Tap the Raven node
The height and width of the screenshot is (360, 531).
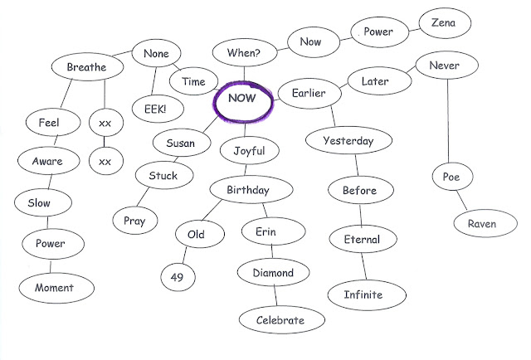[482, 224]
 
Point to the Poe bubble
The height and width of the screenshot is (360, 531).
[451, 177]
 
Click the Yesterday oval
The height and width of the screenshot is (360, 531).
[348, 141]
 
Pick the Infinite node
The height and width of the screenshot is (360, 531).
[364, 294]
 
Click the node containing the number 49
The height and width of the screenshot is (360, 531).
[177, 278]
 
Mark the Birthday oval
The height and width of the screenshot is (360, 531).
[248, 191]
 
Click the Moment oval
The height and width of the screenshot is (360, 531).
[54, 288]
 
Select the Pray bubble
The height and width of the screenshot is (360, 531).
[134, 220]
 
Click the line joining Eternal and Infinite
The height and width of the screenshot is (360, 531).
[363, 266]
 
